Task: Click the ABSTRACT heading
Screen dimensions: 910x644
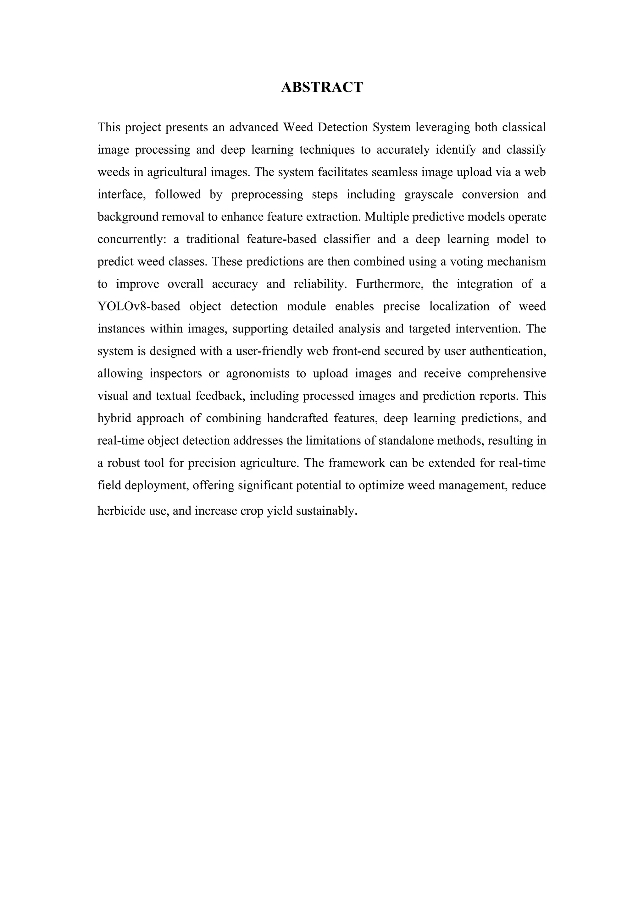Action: pos(322,87)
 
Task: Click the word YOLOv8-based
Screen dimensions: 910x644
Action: pos(139,306)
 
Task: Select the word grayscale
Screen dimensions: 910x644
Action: pos(429,195)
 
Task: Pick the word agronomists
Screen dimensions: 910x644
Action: pos(257,374)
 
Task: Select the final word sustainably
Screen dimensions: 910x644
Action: pos(325,511)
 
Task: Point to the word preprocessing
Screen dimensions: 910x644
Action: pos(267,195)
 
